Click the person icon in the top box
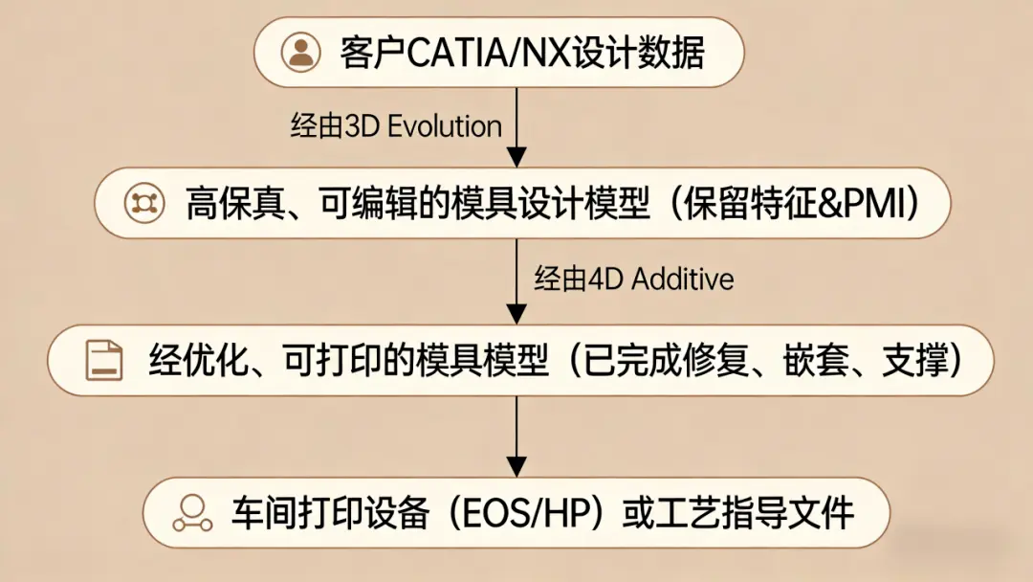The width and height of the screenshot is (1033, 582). click(x=300, y=52)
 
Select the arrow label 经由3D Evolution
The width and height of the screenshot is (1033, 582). click(x=396, y=126)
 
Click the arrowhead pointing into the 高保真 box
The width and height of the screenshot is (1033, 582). click(x=516, y=157)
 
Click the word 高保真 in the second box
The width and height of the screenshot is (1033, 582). click(x=217, y=203)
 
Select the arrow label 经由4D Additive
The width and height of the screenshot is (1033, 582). click(x=634, y=279)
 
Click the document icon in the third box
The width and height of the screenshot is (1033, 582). click(x=104, y=360)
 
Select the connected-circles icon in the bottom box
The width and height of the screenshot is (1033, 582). click(x=191, y=513)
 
